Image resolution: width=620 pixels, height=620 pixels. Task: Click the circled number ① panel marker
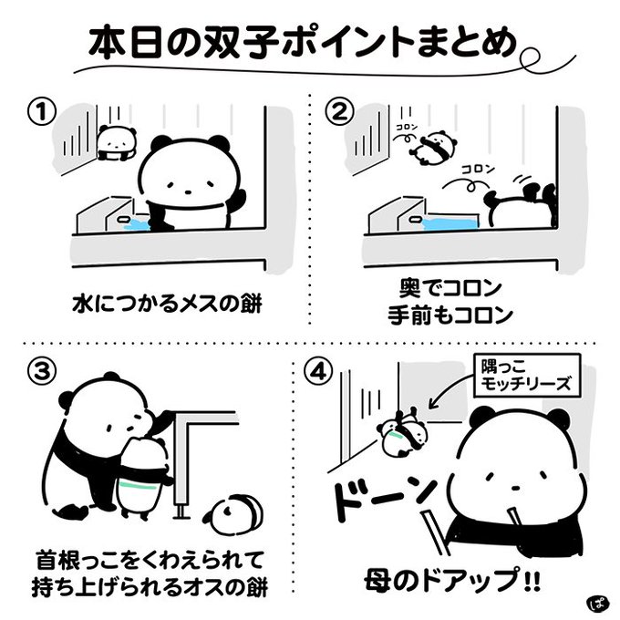42,112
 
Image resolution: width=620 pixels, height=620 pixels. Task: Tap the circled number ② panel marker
339,112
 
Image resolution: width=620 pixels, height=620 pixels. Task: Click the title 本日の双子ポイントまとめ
303,43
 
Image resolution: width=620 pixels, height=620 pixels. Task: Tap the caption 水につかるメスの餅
167,305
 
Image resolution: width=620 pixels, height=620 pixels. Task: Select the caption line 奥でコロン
450,288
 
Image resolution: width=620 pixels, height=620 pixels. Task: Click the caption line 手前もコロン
450,315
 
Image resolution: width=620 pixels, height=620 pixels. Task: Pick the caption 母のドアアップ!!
452,581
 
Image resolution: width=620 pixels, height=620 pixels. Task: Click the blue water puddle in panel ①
138,224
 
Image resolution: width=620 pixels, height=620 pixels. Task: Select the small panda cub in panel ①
117,143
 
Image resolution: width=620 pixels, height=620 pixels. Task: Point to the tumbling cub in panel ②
434,149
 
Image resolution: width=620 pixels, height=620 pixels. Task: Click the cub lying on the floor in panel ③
233,514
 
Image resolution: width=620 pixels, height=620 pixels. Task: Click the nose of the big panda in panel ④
515,490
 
